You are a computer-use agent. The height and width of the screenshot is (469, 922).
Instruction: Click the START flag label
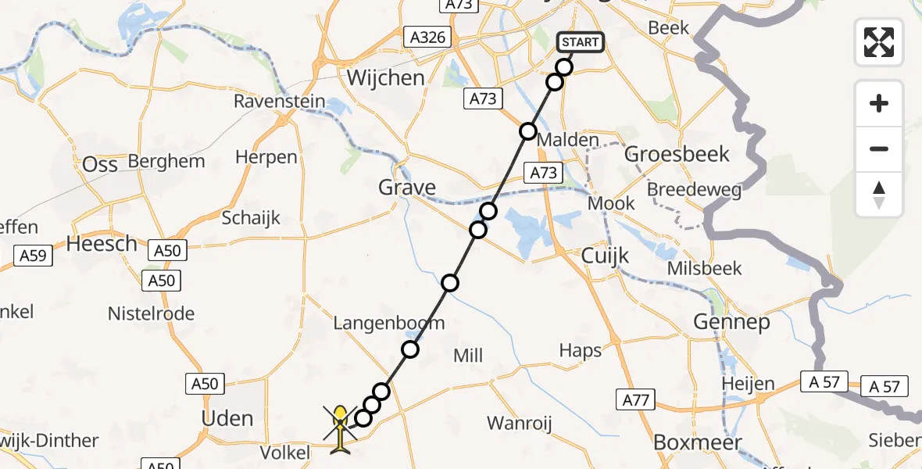pos(581,42)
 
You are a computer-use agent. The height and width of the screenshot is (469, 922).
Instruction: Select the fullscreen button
pos(879,42)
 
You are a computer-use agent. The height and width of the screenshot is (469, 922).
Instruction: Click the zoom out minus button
pos(879,149)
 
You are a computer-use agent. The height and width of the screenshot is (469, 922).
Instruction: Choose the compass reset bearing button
pos(879,195)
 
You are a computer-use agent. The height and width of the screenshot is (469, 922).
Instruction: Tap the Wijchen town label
pos(385,78)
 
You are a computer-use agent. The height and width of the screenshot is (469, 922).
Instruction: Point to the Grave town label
pos(406,188)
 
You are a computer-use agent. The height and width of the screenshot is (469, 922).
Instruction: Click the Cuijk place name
pos(606,256)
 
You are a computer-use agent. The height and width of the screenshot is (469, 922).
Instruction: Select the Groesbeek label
pos(677,154)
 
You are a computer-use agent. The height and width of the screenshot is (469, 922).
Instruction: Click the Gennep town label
pos(731,322)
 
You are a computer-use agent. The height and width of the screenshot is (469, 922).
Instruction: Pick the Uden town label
pos(227,418)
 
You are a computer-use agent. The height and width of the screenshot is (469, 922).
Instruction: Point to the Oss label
pos(100,164)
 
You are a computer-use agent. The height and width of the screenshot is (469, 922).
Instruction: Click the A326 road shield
pos(427,37)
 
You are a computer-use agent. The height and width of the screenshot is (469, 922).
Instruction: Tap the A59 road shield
pos(33,256)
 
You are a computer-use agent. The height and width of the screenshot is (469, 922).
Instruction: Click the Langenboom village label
pos(388,323)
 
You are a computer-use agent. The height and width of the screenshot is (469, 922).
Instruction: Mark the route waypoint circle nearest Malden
pos(528,131)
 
